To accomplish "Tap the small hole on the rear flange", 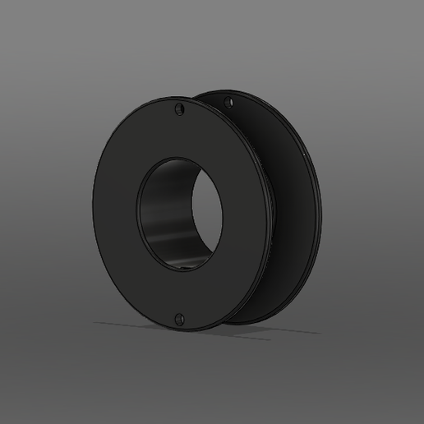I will pyautogui.click(x=228, y=103).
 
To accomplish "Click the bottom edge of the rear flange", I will pyautogui.click(x=247, y=324).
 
